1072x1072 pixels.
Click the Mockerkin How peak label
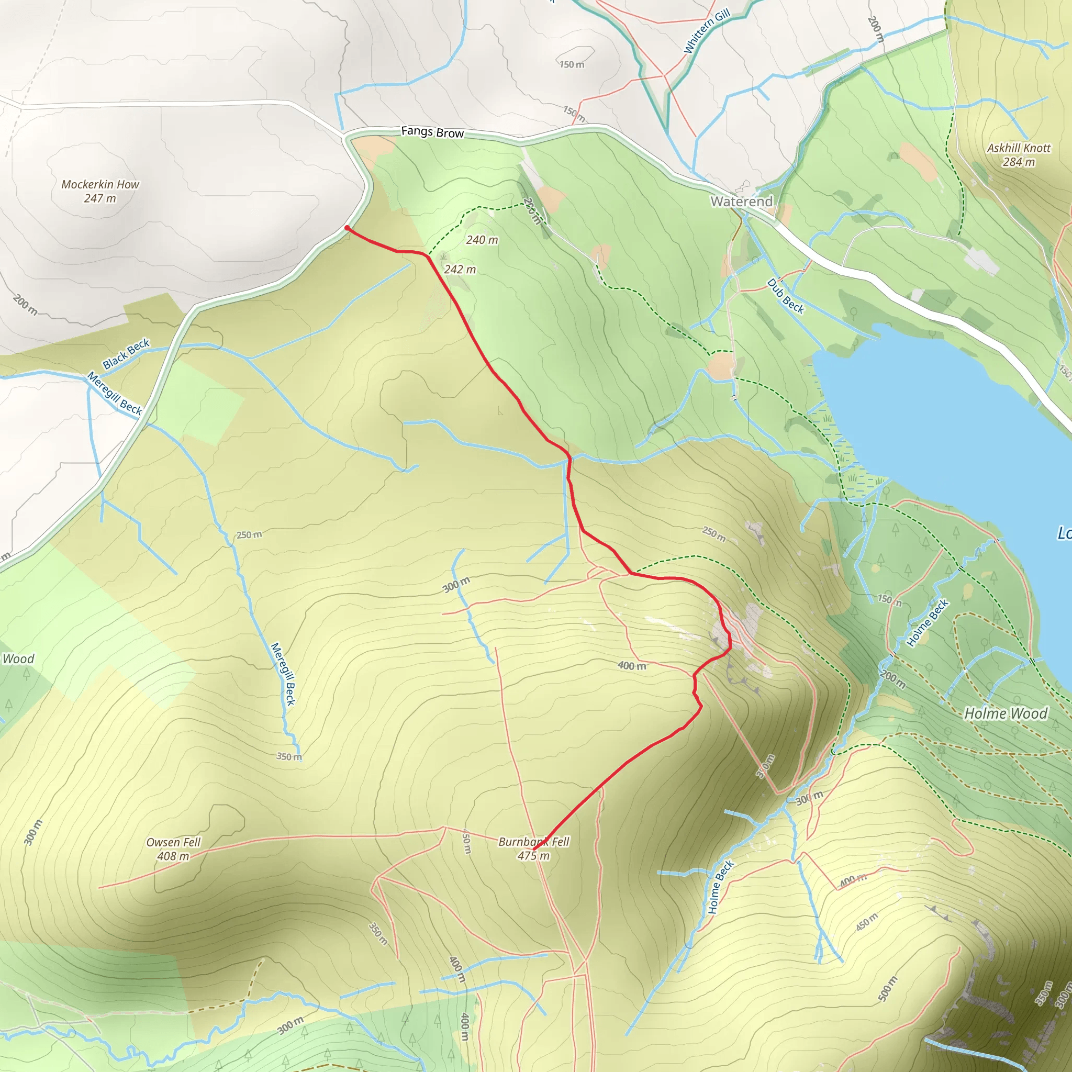100,191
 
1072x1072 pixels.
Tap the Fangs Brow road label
432,132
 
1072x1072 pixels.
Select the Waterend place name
741,202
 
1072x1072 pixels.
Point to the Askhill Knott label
1019,155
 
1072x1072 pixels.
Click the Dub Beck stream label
785,296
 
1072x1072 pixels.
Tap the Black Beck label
126,353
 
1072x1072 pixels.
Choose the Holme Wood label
1006,713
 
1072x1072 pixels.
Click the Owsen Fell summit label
173,849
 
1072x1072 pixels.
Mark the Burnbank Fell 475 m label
534,848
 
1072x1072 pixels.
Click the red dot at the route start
347,228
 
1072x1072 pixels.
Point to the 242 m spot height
460,270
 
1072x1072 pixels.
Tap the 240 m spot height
482,240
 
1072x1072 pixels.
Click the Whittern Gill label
706,31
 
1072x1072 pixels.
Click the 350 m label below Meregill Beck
289,757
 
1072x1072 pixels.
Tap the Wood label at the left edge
18,659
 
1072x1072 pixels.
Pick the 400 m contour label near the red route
632,666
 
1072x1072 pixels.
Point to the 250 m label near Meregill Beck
249,535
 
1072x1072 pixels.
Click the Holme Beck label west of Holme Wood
928,623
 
